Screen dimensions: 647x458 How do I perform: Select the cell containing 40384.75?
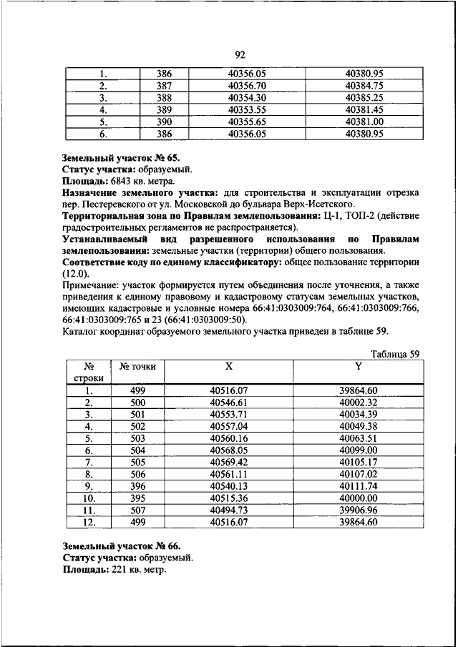(365, 85)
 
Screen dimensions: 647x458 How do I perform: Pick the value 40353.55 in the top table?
(247, 109)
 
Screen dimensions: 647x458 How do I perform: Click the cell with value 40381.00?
(365, 122)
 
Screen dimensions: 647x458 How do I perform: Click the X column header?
(229, 365)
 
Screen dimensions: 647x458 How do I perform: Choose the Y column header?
(358, 365)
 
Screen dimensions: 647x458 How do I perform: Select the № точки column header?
(138, 365)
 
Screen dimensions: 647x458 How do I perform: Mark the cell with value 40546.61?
(229, 402)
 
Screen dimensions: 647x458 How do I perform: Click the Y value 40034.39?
(358, 414)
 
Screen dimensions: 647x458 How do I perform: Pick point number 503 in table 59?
(138, 438)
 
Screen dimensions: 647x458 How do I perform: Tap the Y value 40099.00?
(358, 450)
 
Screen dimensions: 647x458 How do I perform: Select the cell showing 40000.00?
(358, 498)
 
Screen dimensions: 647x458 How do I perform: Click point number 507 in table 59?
(138, 510)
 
